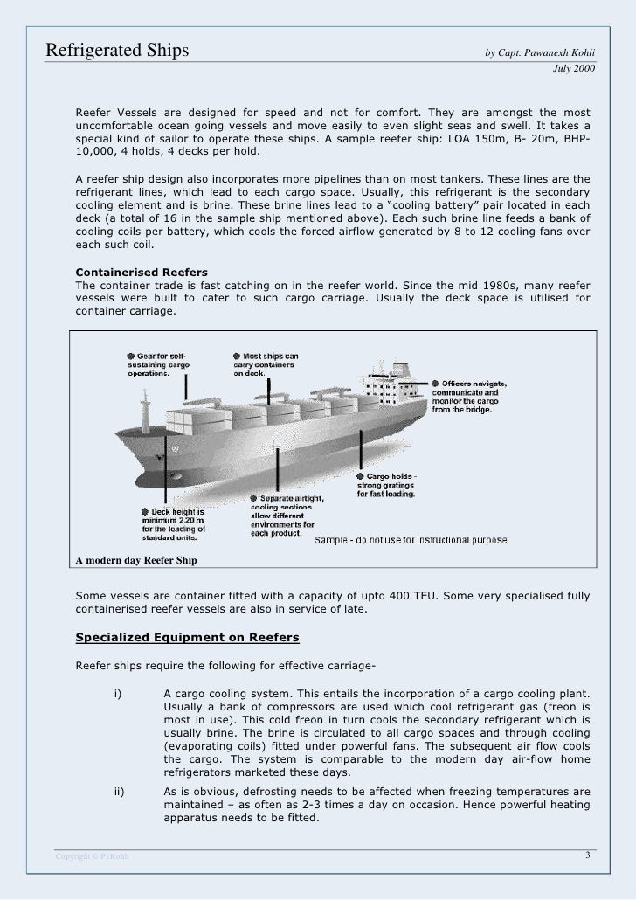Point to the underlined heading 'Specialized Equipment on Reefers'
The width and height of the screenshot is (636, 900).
click(188, 636)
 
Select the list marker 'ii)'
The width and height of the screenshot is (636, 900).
click(121, 792)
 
